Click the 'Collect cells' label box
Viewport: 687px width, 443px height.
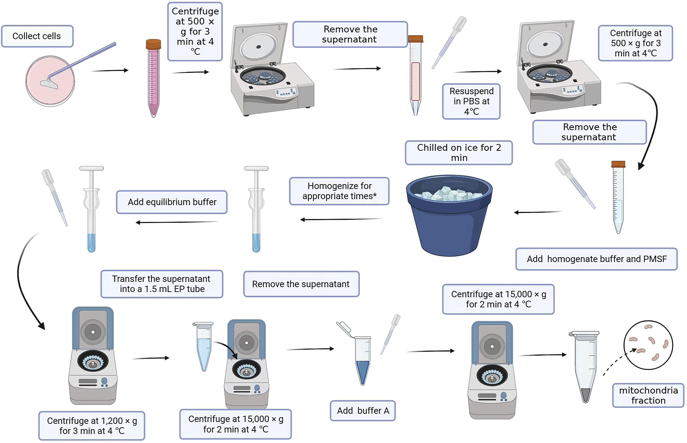37,36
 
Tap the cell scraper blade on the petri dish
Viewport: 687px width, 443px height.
49,84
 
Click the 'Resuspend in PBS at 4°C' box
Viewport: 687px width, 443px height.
471,101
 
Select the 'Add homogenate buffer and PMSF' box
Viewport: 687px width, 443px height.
596,259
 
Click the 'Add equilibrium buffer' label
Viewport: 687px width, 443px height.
172,202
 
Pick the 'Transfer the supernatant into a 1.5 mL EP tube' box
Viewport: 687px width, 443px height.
161,284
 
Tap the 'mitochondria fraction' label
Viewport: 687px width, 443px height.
648,395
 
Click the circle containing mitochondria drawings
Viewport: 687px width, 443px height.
648,345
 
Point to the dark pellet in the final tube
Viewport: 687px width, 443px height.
586,395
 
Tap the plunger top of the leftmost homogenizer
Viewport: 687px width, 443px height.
92,168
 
